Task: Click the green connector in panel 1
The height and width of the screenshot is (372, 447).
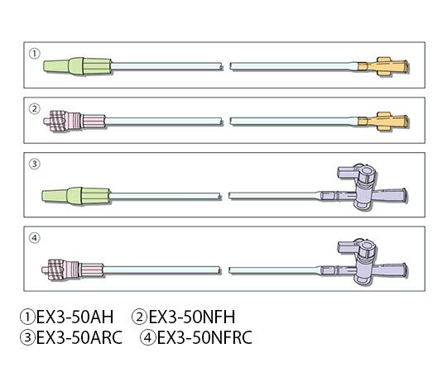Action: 77,66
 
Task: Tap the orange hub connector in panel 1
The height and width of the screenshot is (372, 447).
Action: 383,67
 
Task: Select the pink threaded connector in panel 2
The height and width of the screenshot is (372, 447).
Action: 74,121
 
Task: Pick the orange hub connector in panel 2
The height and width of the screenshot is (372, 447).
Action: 383,122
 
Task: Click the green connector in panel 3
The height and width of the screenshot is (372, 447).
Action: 76,196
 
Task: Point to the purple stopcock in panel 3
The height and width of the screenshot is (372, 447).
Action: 364,187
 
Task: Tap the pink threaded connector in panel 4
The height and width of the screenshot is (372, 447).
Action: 73,269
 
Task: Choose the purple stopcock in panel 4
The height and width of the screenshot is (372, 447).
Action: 364,262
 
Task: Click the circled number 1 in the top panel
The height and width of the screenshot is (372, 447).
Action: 35,54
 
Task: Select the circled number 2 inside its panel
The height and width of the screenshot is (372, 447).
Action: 35,109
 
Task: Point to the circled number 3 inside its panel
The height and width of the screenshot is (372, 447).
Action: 35,164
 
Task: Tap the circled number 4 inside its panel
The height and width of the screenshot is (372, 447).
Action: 35,238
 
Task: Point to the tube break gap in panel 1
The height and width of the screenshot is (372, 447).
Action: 226,67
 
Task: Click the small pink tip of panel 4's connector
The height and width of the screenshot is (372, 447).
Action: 45,269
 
